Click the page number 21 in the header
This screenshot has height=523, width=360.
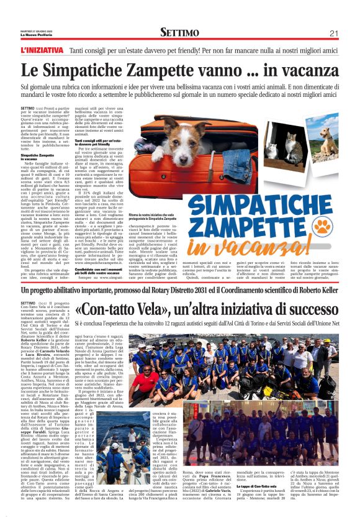(333, 33)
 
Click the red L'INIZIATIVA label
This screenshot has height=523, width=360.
(42, 48)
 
